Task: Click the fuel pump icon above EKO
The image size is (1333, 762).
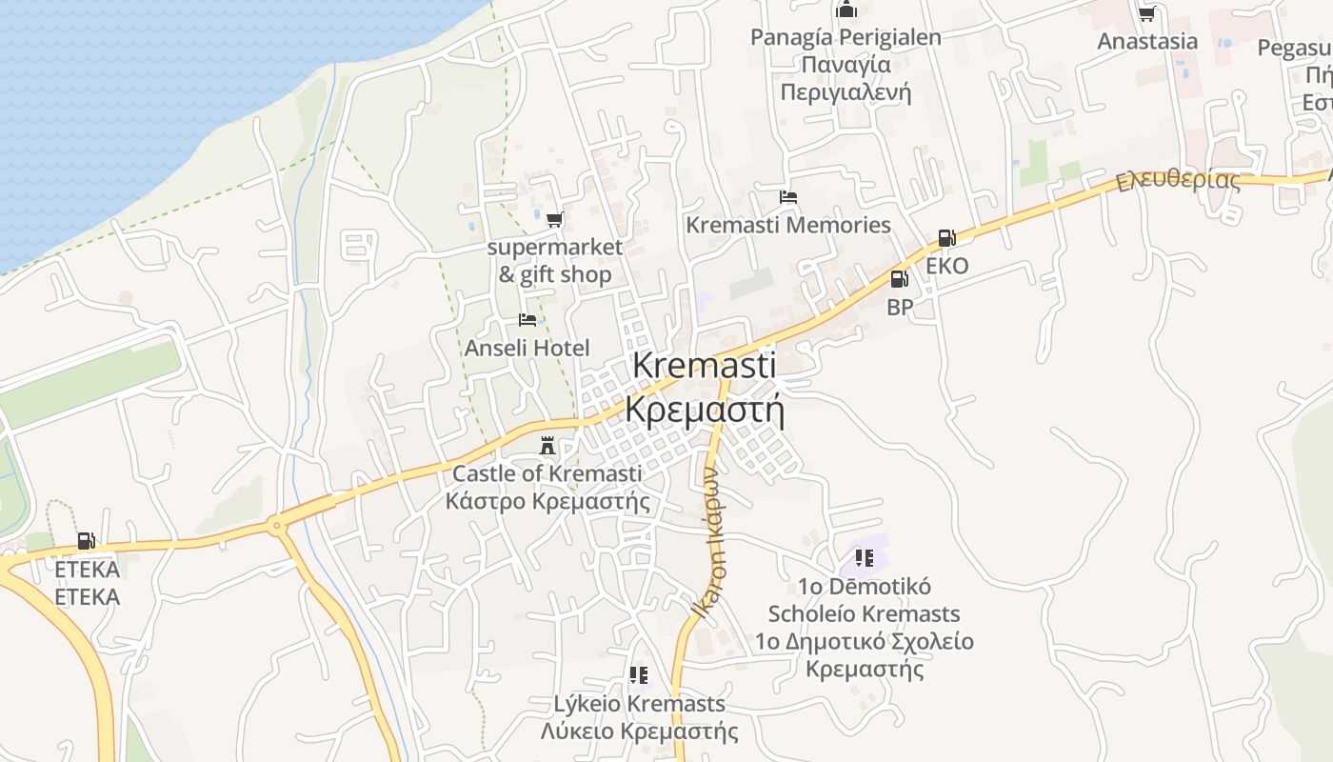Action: point(946,238)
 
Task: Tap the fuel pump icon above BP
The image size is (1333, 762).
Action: point(899,279)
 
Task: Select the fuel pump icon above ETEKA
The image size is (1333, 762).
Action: point(87,541)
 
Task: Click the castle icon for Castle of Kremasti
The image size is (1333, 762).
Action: point(547,445)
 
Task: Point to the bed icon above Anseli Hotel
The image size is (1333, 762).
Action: point(527,320)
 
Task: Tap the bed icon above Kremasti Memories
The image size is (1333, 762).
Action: point(788,197)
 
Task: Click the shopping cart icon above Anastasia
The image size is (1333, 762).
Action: point(1147,13)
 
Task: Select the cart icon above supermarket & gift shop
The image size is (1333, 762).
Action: point(554,220)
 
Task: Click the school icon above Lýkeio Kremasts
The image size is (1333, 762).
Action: point(639,675)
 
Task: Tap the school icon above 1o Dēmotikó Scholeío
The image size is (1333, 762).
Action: point(865,557)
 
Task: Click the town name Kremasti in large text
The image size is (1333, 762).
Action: point(704,365)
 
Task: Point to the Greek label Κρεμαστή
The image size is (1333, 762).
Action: point(705,410)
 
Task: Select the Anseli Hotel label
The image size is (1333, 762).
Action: point(527,349)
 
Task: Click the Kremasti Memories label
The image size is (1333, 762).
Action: point(788,226)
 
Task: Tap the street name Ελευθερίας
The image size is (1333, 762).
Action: point(1179,179)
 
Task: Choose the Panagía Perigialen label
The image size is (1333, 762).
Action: point(846,37)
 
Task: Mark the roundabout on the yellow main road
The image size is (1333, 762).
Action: point(276,524)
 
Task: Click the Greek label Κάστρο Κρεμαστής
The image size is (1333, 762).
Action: point(547,501)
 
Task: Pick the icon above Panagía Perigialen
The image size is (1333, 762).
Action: point(846,10)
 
